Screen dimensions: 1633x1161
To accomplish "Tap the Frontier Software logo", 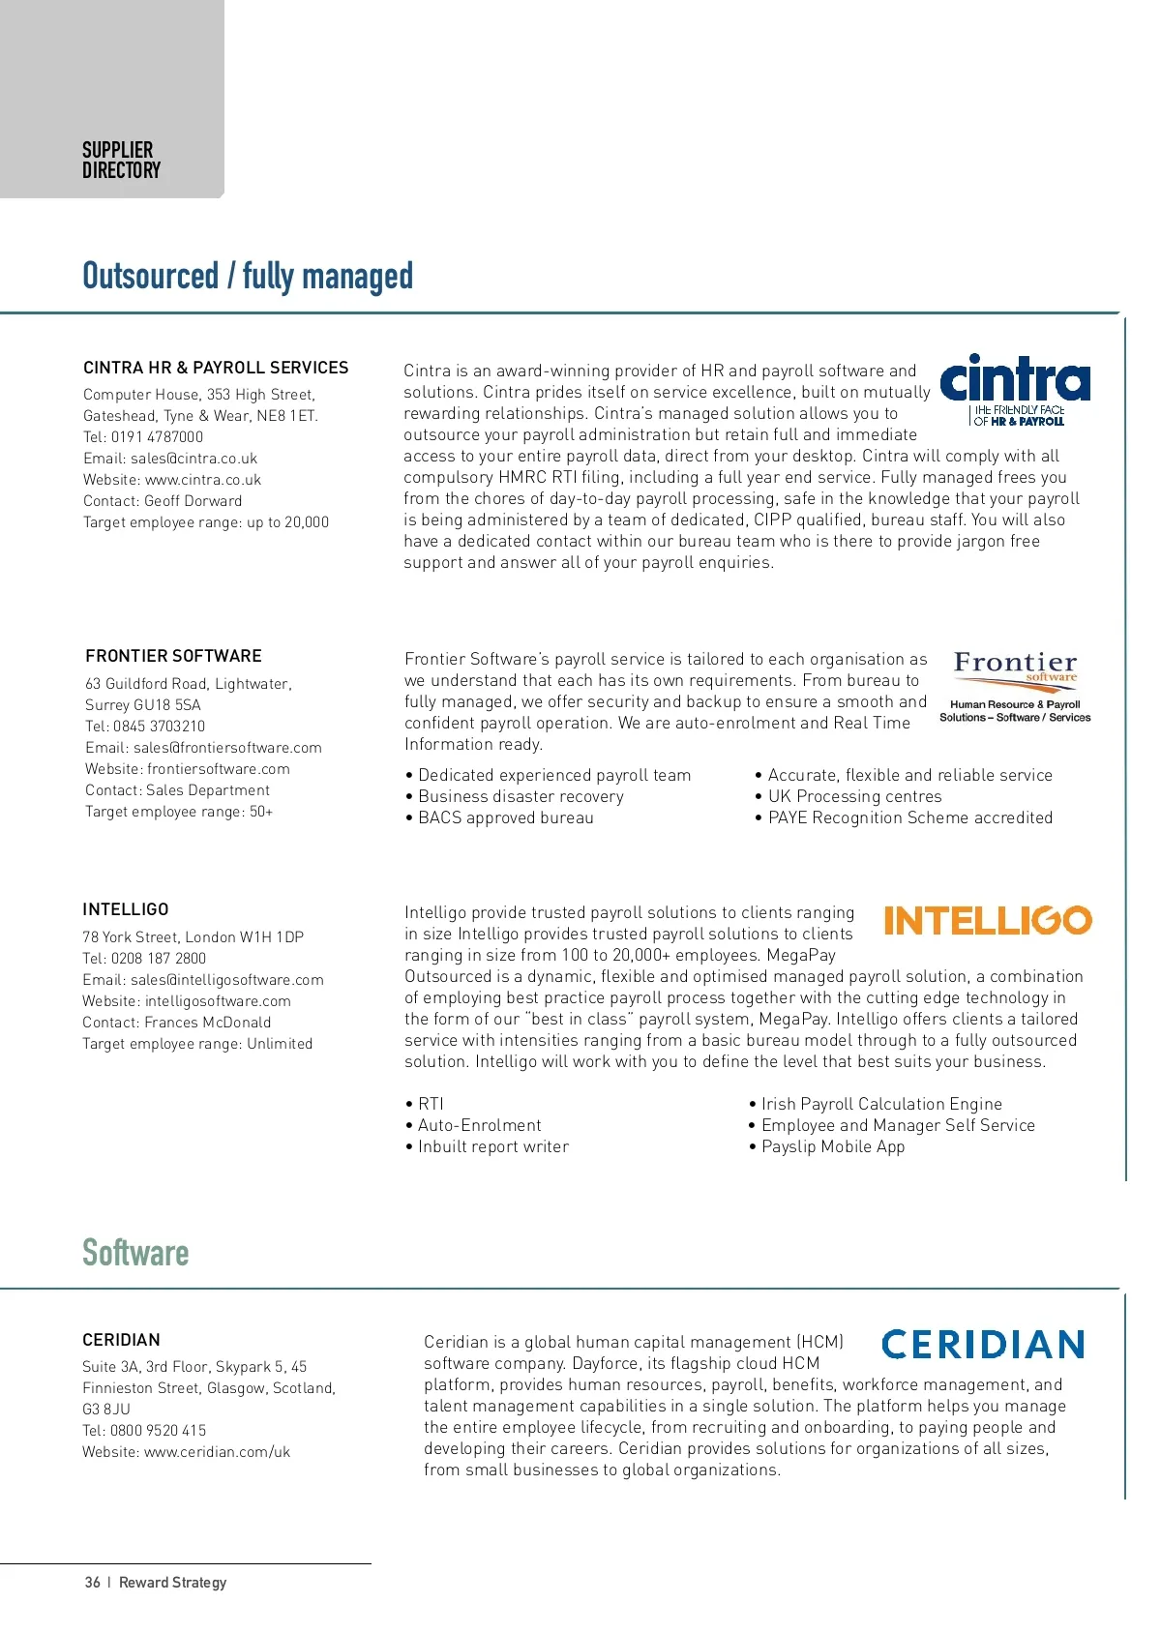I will click(x=1015, y=686).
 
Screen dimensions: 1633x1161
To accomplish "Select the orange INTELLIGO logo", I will click(x=988, y=920).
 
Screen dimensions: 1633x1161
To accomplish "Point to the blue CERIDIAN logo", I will click(x=983, y=1344).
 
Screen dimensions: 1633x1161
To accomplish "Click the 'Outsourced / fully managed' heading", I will click(x=248, y=277).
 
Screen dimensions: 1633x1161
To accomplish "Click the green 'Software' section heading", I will click(x=135, y=1253).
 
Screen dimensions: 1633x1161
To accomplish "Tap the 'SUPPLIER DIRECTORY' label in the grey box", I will click(x=121, y=161).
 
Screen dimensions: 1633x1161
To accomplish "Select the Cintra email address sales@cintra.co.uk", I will click(x=194, y=459).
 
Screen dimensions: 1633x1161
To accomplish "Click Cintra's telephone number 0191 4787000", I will click(x=157, y=437).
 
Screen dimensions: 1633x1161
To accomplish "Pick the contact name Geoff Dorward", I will click(x=193, y=501).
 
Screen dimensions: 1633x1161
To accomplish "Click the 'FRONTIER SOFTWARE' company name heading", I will click(x=173, y=656).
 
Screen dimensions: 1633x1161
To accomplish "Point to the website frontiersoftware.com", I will click(x=218, y=769).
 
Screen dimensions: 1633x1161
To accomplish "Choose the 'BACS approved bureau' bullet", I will click(x=505, y=817).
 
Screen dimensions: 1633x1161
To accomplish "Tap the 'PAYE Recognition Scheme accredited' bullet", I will click(x=909, y=817).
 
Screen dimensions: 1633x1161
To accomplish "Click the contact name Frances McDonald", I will click(x=208, y=1023).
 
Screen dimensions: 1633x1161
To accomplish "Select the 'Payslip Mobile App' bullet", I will click(x=832, y=1146).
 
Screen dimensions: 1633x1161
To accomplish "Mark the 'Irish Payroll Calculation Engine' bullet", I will click(x=880, y=1104).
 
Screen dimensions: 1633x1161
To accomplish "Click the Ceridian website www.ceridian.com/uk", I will click(x=217, y=1452).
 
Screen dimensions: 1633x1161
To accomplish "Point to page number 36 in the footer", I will click(x=92, y=1583).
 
